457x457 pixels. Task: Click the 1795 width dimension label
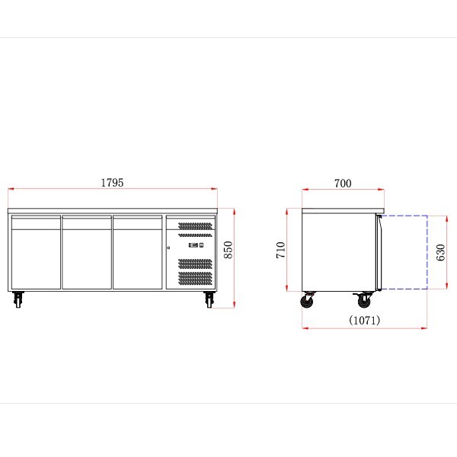coord(112,183)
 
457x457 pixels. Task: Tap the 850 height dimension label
coord(228,250)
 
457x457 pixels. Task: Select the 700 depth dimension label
coord(343,184)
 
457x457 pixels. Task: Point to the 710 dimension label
coord(280,250)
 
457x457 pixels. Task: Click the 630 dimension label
coord(440,252)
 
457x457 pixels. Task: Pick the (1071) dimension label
coord(365,320)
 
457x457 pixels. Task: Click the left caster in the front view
coord(18,299)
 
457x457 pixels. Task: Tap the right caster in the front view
coord(209,299)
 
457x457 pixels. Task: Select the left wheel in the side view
coord(308,300)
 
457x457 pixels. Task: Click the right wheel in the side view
coord(364,300)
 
